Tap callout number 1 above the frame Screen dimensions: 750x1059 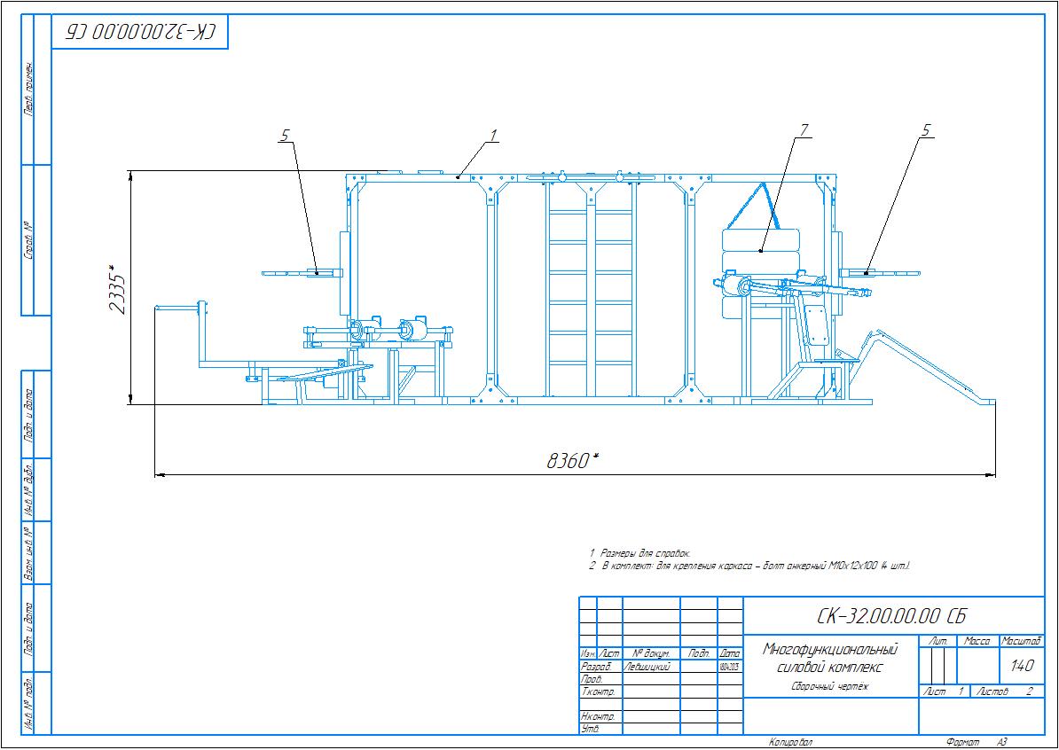[x=493, y=135]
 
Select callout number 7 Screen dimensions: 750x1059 [x=804, y=130]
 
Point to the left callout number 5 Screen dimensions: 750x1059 [x=285, y=135]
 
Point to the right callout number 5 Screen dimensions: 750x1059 [x=926, y=130]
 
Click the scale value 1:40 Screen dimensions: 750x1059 [x=1021, y=666]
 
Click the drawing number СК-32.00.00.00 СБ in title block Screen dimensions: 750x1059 [x=891, y=616]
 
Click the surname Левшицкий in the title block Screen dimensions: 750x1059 [x=647, y=666]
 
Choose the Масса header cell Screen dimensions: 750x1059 [x=977, y=640]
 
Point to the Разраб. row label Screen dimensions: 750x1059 [x=595, y=666]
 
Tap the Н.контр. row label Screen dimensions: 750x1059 [x=597, y=715]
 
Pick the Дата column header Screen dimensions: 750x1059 [x=730, y=653]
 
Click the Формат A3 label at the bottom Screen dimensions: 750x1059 [x=977, y=741]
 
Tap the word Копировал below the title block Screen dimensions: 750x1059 [x=790, y=741]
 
